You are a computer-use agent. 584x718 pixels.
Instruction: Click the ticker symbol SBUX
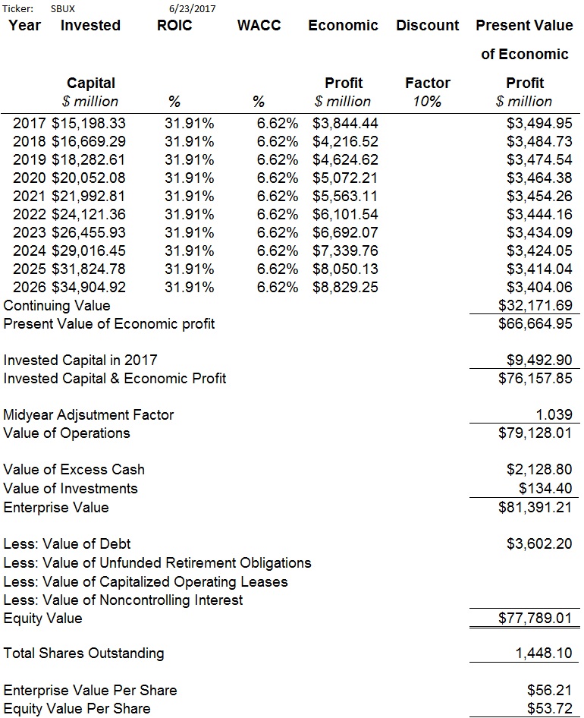(x=63, y=8)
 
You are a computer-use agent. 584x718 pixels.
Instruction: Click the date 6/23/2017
(x=192, y=8)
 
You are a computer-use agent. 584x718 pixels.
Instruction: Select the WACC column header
(x=259, y=25)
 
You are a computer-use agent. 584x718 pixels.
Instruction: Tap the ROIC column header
(x=174, y=25)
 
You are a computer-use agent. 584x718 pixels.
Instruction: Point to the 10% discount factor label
(x=427, y=101)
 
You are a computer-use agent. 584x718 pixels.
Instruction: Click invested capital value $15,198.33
(x=88, y=123)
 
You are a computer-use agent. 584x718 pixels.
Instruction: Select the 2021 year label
(x=30, y=196)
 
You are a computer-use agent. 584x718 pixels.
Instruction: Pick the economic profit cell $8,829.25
(x=346, y=287)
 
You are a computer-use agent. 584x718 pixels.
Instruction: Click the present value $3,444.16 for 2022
(x=539, y=214)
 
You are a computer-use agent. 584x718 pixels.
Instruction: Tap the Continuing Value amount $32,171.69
(x=535, y=305)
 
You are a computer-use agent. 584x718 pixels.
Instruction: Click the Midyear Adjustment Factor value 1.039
(x=554, y=415)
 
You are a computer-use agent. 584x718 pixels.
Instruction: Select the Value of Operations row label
(x=67, y=433)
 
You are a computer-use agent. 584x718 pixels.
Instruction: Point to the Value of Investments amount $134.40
(x=545, y=489)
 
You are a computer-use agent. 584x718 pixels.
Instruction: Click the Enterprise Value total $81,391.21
(x=535, y=507)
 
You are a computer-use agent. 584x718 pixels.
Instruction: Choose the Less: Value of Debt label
(x=67, y=544)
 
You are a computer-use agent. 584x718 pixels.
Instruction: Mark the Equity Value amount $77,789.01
(x=535, y=618)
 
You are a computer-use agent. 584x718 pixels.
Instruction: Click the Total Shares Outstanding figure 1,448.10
(x=544, y=653)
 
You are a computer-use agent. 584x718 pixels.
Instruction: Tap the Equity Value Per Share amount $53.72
(x=550, y=709)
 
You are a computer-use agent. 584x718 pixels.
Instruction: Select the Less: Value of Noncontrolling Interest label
(x=123, y=600)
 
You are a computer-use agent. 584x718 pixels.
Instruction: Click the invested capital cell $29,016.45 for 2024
(x=88, y=251)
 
